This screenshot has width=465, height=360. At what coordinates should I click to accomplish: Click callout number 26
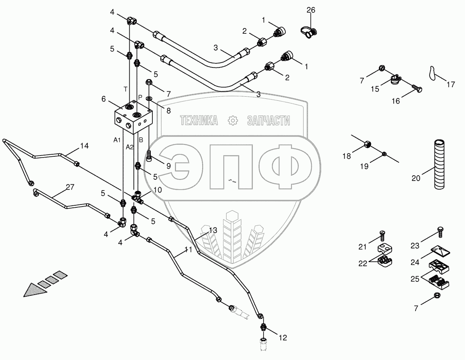point(311,10)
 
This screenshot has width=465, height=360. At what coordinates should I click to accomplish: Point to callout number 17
point(451,85)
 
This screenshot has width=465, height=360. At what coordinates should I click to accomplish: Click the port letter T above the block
point(125,89)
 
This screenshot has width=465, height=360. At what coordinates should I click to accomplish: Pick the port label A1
point(117,140)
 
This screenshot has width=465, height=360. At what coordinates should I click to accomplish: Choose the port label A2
point(130,147)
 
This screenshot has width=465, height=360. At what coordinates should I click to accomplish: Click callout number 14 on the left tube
point(84,145)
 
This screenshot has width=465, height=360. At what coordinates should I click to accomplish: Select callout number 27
point(70,187)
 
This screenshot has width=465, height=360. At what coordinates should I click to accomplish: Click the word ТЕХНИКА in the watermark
point(199,120)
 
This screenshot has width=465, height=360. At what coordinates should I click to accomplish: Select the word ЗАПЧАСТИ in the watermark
point(268,120)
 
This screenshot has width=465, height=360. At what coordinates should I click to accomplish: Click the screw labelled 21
point(382,235)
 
